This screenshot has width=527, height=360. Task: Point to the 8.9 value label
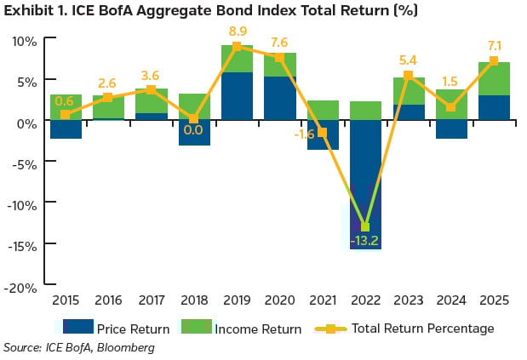tap(237, 31)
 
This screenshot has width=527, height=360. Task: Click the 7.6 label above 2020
tap(279, 43)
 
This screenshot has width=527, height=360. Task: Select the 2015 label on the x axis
tap(66, 302)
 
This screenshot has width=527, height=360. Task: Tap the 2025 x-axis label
tap(494, 302)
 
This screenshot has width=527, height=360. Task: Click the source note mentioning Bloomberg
tap(79, 347)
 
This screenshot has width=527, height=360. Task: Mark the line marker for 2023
tap(408, 76)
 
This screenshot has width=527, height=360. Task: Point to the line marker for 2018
tap(194, 119)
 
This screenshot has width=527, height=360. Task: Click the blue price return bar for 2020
tap(279, 98)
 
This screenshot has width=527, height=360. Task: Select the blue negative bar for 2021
tap(323, 134)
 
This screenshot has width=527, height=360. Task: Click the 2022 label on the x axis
tap(365, 302)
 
